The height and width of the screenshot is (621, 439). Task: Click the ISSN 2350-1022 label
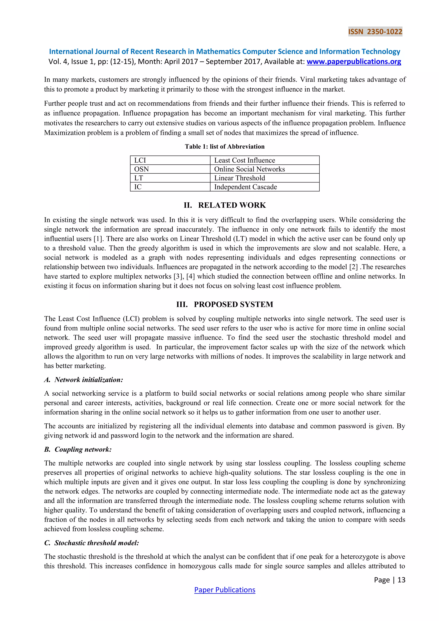coord(375,32)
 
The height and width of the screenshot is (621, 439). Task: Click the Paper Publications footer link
coord(225,590)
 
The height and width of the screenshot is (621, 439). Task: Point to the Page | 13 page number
coord(389,580)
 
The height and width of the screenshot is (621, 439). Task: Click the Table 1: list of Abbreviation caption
coord(225,147)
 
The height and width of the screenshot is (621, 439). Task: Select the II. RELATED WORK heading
coord(225,205)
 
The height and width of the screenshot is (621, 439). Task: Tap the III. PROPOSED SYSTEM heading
coord(225,304)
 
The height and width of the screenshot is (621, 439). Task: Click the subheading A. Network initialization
coord(84,380)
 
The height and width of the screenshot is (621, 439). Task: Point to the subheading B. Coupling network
coord(78,449)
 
